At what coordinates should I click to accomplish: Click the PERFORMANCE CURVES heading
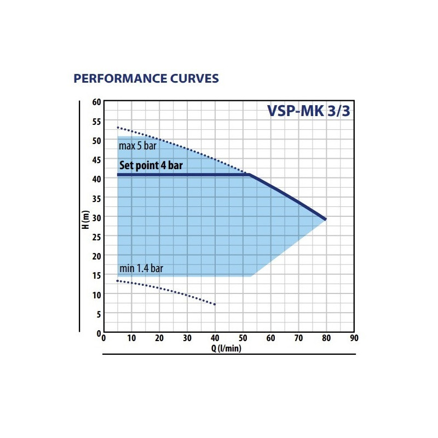coord(146,78)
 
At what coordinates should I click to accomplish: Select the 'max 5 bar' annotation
coord(137,146)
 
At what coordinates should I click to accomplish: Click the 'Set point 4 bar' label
coord(151,166)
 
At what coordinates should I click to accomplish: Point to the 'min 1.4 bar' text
coord(141,268)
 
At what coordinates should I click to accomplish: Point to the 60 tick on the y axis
coord(97,102)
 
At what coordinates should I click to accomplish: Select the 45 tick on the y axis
coord(97,159)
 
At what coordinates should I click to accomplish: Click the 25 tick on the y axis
coord(97,237)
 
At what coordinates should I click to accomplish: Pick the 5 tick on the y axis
coord(99,314)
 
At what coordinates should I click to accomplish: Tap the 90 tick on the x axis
coord(354,338)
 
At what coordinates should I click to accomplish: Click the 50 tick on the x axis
coord(243,338)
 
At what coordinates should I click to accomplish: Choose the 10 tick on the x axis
coord(131,338)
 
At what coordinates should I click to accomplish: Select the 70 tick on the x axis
coord(298,338)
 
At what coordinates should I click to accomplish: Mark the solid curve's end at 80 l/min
coord(326,220)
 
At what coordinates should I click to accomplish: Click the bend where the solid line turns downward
coord(250,175)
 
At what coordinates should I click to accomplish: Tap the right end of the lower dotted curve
coord(215,304)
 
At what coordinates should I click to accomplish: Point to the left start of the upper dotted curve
coord(117,128)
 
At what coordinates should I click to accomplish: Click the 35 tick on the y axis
coord(97,198)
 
